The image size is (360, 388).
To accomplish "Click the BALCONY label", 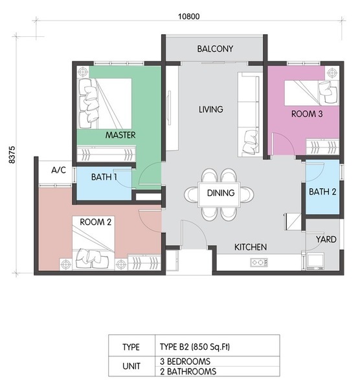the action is pos(215,48).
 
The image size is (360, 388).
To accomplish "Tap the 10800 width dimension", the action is pos(189,17).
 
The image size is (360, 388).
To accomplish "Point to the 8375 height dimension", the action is pos(12,155).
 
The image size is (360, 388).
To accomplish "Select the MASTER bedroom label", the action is pos(120,135).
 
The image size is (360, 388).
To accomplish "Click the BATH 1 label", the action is pos(104,177).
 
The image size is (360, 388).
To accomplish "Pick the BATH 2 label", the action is pos(322,191).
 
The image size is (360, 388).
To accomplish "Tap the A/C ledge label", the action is pos(59,170).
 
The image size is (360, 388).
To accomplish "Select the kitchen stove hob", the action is pos(259,262).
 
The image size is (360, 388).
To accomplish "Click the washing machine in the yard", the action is pos(315,261).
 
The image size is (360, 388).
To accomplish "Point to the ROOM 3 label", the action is pos(307,114).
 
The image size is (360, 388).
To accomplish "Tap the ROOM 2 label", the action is pos(95,222).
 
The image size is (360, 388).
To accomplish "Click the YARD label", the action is pos(326,239).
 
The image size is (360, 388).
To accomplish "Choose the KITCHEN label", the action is pos(251,247).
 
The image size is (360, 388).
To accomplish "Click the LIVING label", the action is pos(211,109).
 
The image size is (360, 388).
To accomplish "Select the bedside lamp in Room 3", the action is pos(331,73).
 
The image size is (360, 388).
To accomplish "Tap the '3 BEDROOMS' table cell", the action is pos(185,361).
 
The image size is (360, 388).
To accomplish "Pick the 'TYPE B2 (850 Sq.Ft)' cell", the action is pos(195,347).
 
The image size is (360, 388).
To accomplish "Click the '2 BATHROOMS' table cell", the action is pos(188,371).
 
